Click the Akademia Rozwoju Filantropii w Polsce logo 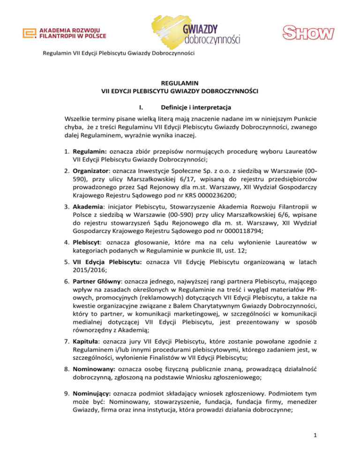click(x=65, y=33)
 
